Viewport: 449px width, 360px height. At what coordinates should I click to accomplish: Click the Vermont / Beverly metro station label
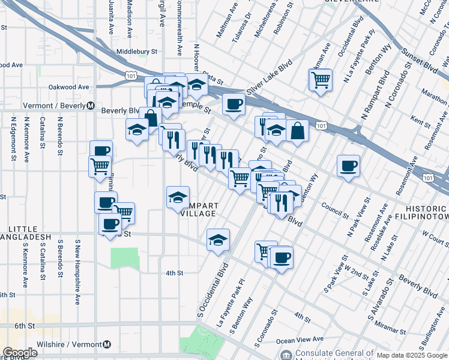coord(54,105)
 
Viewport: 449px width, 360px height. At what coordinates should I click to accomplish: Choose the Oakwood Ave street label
coord(68,87)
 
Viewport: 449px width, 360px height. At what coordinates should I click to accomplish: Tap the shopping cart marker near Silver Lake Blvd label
coord(321,79)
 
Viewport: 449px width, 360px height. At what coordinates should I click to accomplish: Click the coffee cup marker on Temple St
coord(233,103)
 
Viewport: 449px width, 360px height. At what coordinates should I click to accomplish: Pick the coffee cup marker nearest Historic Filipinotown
coord(348,166)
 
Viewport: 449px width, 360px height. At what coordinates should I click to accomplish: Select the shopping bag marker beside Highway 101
coord(297,130)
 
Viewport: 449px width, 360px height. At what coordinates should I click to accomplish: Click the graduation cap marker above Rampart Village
coord(178,197)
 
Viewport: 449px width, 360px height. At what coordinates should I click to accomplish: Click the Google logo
coord(20,353)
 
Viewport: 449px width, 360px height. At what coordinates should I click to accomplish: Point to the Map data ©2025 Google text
coord(412,355)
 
